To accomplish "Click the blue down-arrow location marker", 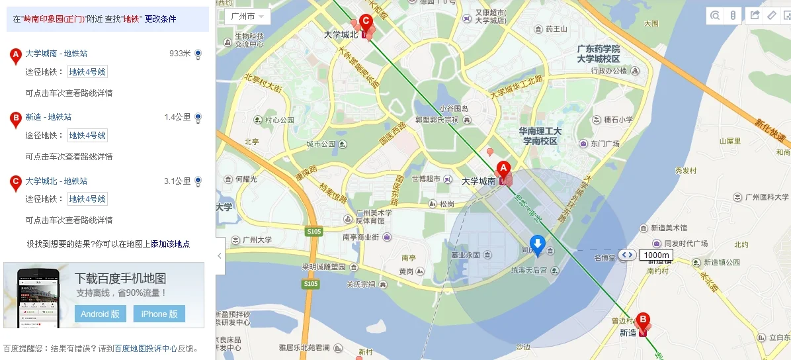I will pyautogui.click(x=538, y=244).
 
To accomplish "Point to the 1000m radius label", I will pyautogui.click(x=657, y=255).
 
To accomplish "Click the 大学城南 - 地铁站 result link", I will pyautogui.click(x=57, y=53).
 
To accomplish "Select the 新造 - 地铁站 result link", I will pyautogui.click(x=48, y=117).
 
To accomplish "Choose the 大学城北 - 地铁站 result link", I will pyautogui.click(x=57, y=181).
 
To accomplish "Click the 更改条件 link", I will pyautogui.click(x=161, y=19).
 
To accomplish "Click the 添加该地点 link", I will pyautogui.click(x=170, y=244).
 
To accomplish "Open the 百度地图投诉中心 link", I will pyautogui.click(x=146, y=348).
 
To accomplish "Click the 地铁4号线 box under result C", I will pyautogui.click(x=87, y=199).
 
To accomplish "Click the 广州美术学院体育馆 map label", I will pyautogui.click(x=374, y=216).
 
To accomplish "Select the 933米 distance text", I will pyautogui.click(x=179, y=54).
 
